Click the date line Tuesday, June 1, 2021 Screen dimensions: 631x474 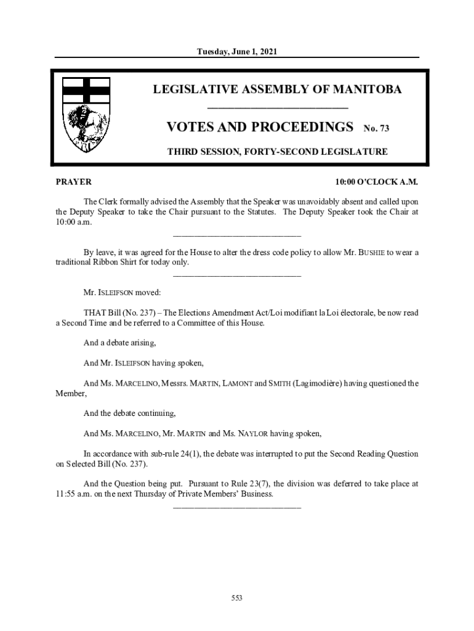(x=237, y=52)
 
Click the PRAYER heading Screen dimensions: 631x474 (x=74, y=182)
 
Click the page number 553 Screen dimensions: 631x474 (x=237, y=598)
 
